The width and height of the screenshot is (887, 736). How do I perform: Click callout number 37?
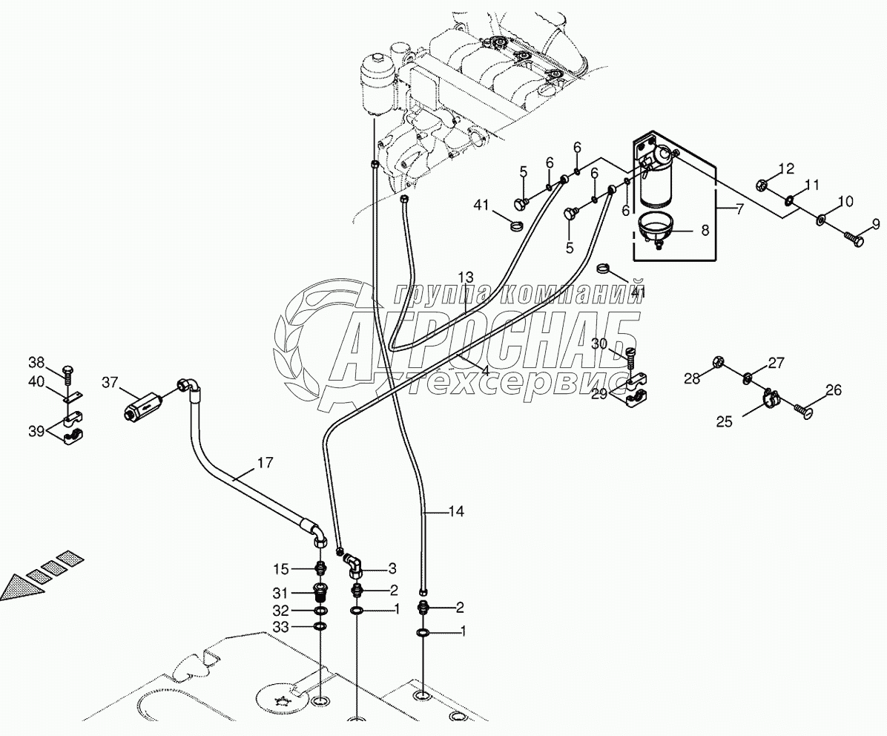110,383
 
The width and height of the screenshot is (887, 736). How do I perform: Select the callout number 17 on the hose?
265,464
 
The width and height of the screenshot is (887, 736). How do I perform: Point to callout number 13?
465,275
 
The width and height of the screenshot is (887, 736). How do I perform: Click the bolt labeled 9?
852,240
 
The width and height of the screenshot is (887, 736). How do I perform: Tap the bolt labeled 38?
68,370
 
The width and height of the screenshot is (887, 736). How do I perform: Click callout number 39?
36,430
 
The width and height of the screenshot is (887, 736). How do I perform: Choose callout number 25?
724,421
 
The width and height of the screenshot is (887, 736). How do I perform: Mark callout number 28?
691,379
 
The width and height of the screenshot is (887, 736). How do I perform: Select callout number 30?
599,344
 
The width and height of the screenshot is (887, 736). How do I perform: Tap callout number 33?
280,627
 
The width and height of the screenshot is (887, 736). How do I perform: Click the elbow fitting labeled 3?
353,568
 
